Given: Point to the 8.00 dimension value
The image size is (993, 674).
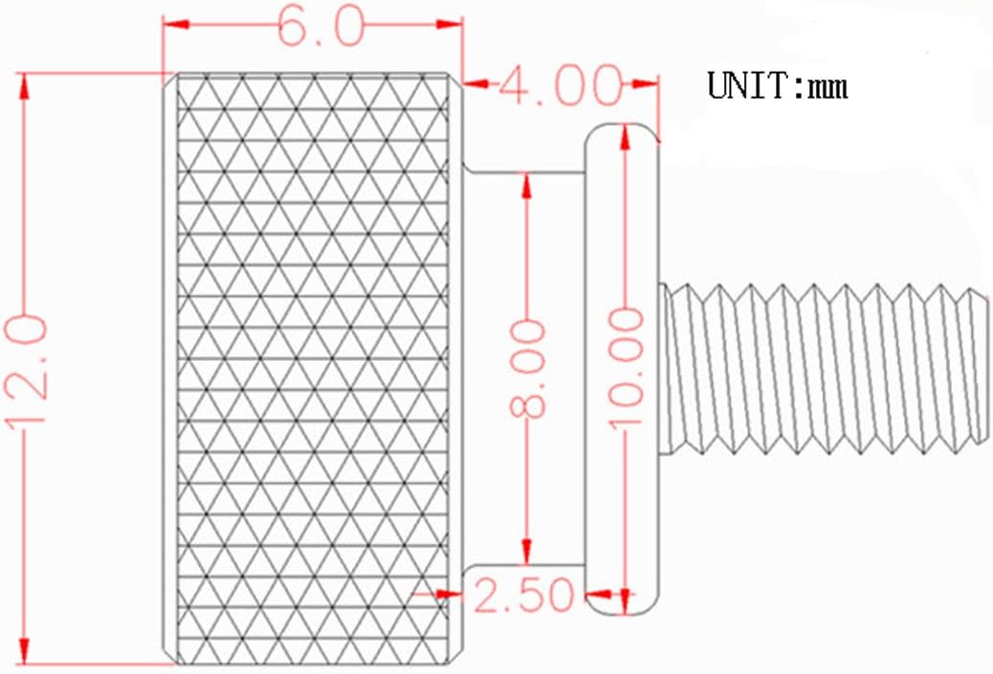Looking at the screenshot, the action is pos(529,370).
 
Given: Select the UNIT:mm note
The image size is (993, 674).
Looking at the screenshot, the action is pos(777,87).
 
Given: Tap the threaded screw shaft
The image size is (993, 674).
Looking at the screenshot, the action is pos(823,367).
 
